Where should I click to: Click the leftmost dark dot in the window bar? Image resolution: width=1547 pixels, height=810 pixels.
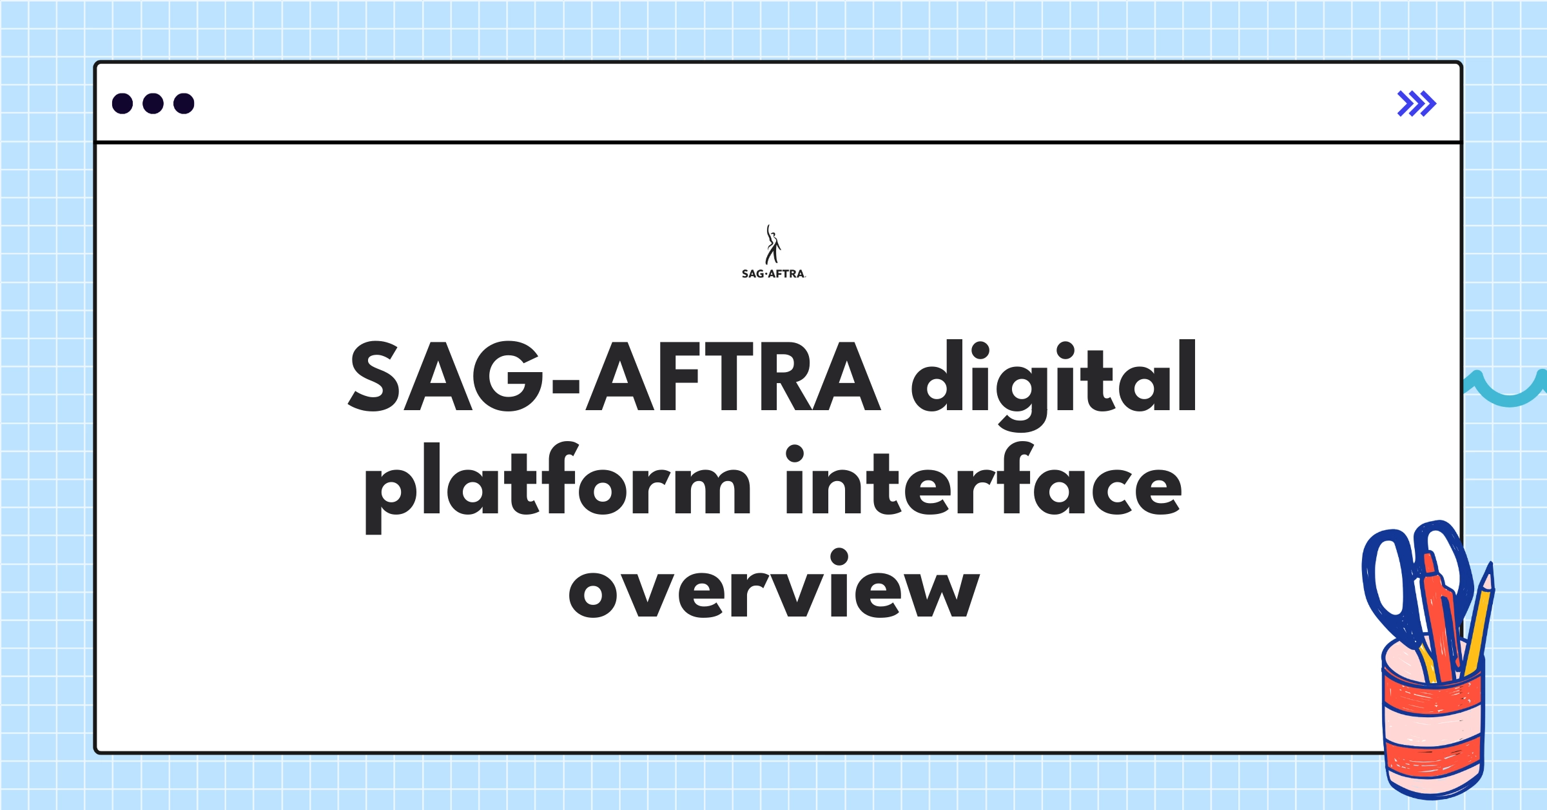pos(122,103)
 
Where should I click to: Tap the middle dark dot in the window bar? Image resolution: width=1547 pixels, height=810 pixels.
pos(153,103)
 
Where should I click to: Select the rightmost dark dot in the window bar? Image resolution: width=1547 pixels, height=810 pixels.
pos(184,103)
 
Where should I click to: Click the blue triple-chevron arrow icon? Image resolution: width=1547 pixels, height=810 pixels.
pos(1416,103)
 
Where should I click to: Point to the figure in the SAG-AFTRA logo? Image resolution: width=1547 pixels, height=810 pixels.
pos(772,245)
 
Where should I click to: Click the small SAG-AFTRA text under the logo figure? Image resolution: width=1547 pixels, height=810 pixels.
pos(773,274)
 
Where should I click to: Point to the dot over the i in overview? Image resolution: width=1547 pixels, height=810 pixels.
pos(839,557)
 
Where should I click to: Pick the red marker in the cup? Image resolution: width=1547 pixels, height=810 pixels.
pos(1439,613)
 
